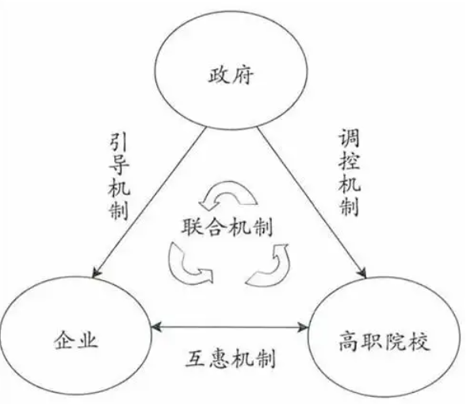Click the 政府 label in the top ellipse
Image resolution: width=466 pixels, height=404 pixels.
[231, 75]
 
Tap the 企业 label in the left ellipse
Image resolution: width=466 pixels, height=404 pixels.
[76, 340]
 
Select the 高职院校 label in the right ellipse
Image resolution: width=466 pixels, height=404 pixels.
[384, 341]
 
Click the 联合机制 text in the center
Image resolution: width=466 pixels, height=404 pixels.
[227, 227]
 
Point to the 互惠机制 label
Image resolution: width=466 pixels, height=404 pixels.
[230, 359]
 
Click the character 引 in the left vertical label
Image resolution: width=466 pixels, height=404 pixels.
[119, 142]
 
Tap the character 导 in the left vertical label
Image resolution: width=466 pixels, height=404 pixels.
[119, 164]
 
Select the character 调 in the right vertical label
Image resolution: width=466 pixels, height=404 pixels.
[349, 138]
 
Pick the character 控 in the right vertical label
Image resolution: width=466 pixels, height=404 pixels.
[349, 160]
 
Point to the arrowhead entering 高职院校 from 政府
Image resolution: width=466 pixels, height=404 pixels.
[363, 272]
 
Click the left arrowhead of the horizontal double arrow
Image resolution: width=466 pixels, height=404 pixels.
[156, 326]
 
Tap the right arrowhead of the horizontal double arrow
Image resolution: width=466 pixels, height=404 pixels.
[303, 327]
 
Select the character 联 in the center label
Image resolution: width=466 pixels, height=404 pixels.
[192, 227]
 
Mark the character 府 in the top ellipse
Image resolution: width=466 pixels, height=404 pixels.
[243, 75]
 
